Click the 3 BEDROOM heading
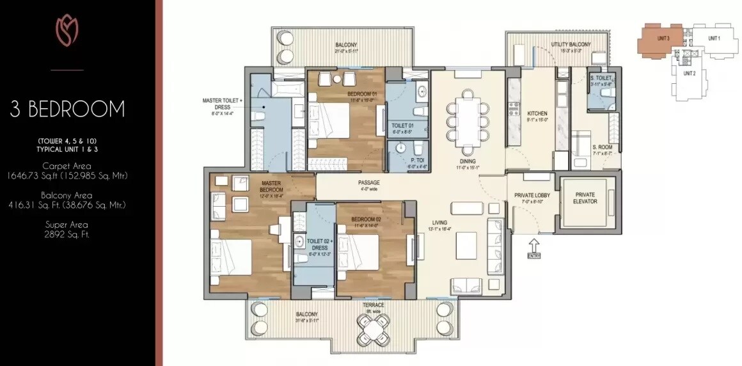click(x=67, y=109)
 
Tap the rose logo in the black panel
click(x=67, y=31)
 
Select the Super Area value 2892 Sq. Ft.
click(x=67, y=235)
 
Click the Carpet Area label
click(x=67, y=165)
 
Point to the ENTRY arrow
click(x=533, y=246)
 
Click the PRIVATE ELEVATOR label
click(x=585, y=198)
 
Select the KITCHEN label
click(x=537, y=113)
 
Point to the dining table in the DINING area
click(x=469, y=115)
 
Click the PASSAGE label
click(x=369, y=182)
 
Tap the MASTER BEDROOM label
click(x=271, y=186)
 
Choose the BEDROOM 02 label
click(x=365, y=219)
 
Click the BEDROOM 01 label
click(x=363, y=94)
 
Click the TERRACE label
click(x=373, y=305)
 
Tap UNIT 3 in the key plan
click(x=663, y=38)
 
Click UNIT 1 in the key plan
click(x=714, y=38)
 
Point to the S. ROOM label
click(x=601, y=147)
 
